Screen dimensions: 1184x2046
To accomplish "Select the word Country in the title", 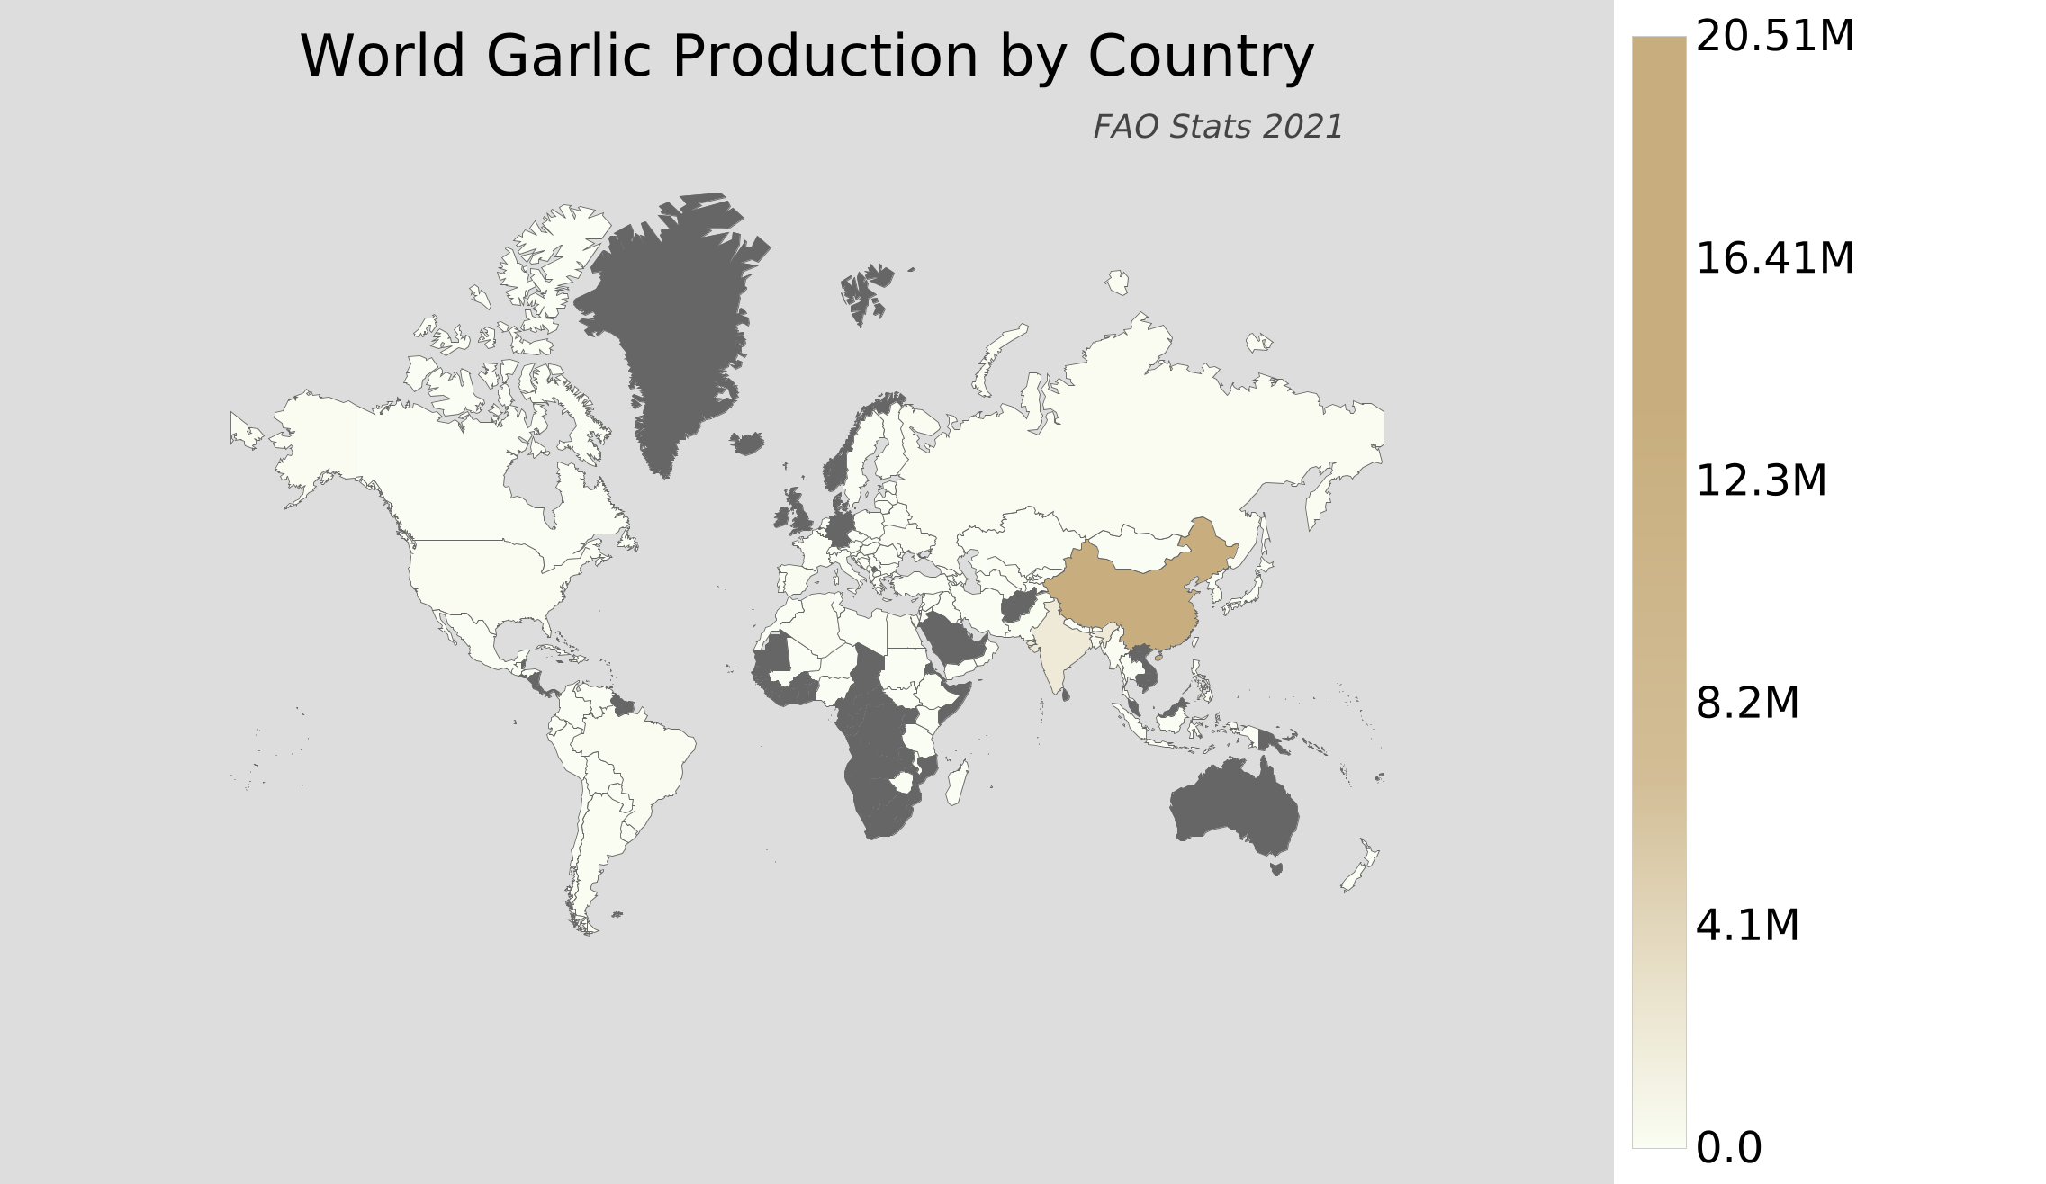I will (1201, 57).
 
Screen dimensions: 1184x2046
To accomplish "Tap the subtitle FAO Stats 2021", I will (1217, 128).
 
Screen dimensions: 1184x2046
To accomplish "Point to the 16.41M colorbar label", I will (1774, 259).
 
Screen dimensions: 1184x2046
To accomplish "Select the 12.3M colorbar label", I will (1761, 481).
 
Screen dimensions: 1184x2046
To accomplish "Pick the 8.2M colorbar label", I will (1747, 704).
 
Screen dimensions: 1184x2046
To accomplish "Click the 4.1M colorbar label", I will (1747, 926).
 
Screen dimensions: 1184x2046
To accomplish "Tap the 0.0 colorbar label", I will (1728, 1148).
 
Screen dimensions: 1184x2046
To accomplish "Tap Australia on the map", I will (1233, 810).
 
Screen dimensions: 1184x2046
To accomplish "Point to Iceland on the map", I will (747, 443).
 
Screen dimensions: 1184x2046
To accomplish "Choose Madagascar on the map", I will (957, 783).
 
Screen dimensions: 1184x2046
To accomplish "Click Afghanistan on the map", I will (1019, 607).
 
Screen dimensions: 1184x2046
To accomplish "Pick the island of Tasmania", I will (1275, 869).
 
